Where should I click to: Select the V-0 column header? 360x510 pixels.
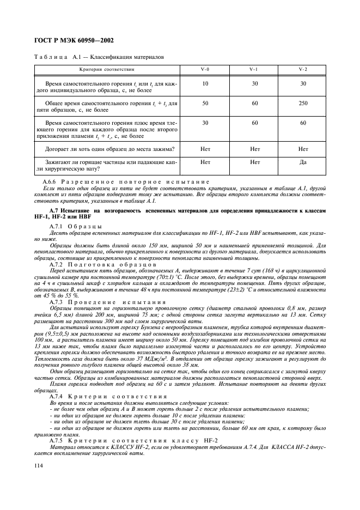(x=204, y=70)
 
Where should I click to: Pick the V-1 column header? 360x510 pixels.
(x=254, y=70)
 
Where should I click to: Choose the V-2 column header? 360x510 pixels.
(x=303, y=70)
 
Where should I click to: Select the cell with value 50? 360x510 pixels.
(x=205, y=102)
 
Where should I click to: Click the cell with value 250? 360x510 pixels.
(x=303, y=102)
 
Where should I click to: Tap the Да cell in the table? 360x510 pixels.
(x=303, y=161)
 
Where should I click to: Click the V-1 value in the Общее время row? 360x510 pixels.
(x=254, y=102)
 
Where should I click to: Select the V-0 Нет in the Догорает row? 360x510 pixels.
(x=205, y=148)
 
